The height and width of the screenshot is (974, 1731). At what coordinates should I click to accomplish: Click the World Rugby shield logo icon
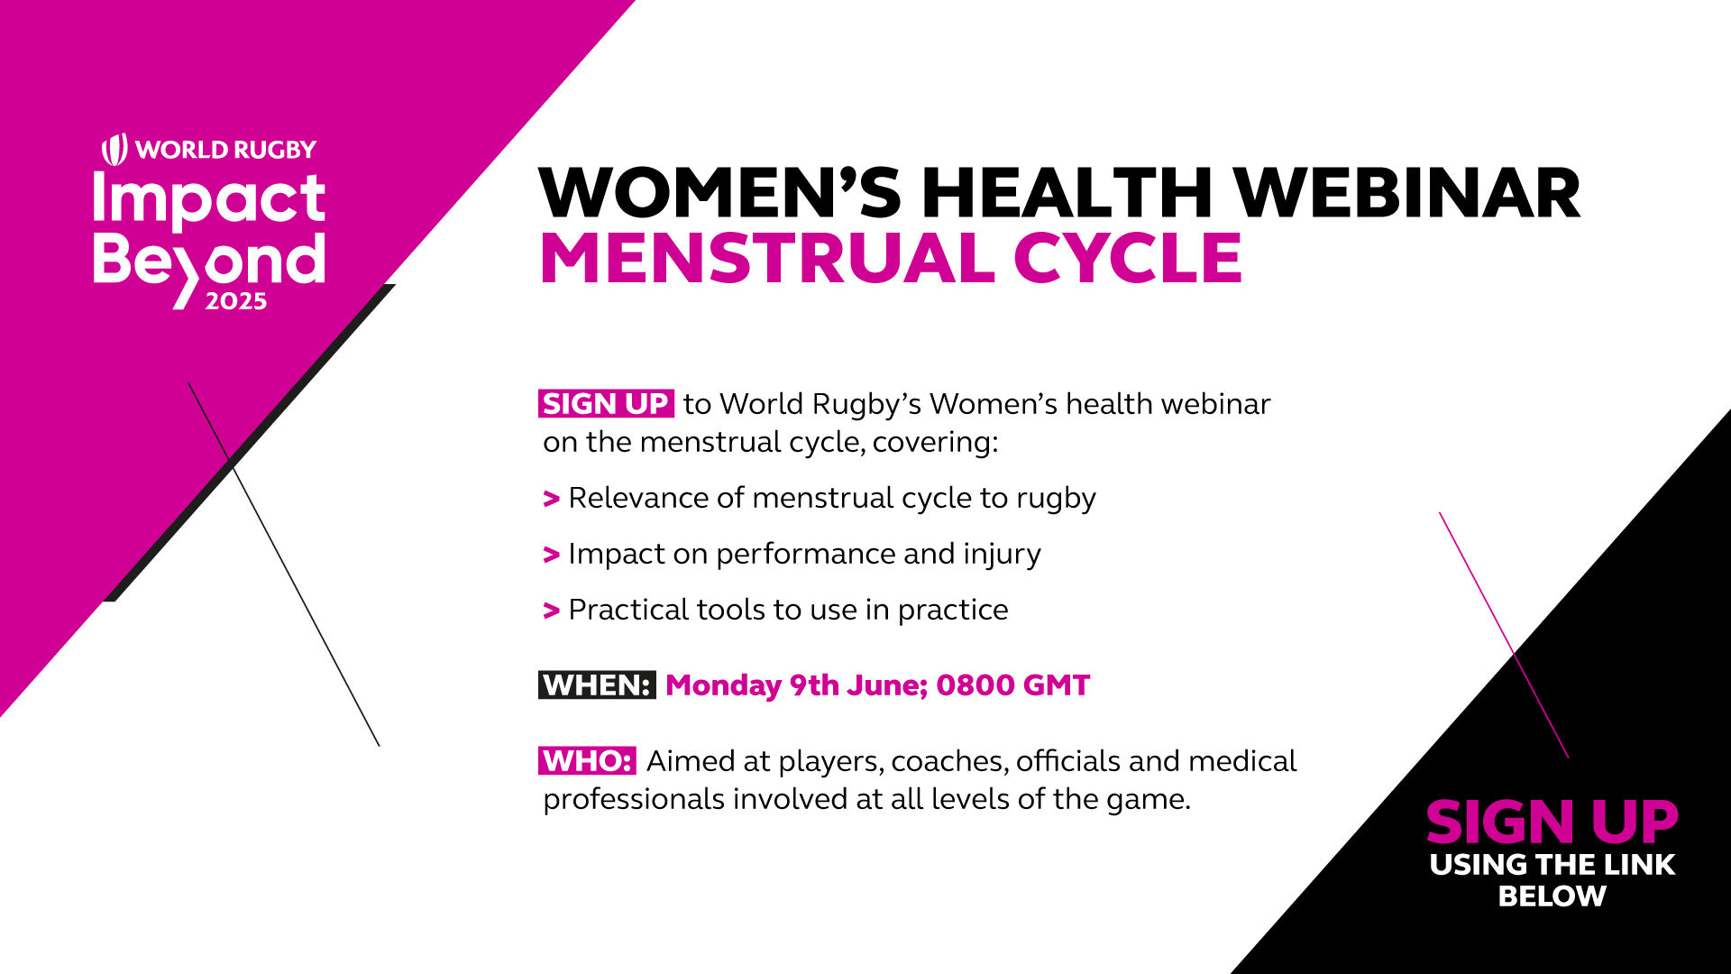click(x=114, y=150)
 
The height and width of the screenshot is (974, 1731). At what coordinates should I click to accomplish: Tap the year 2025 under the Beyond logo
click(x=236, y=301)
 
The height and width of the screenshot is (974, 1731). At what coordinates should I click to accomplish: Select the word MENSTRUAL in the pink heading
click(x=767, y=259)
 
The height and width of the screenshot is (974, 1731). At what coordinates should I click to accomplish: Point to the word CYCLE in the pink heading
click(x=1128, y=259)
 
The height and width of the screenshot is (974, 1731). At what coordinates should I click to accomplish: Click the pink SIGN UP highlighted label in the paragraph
click(x=606, y=404)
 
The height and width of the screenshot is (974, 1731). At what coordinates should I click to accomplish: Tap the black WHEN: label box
click(x=597, y=685)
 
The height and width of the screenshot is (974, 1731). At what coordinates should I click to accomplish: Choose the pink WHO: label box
click(x=587, y=761)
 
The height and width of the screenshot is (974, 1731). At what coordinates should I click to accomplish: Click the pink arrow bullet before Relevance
click(x=552, y=499)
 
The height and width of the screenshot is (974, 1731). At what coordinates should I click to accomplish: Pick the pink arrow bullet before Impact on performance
click(x=552, y=555)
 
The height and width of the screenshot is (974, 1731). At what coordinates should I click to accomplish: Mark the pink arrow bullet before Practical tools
click(x=552, y=611)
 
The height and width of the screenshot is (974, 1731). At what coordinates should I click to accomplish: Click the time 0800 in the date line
click(x=975, y=685)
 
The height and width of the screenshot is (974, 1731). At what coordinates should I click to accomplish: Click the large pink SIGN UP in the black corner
click(x=1552, y=822)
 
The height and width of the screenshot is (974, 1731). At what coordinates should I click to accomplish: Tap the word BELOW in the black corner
click(x=1552, y=896)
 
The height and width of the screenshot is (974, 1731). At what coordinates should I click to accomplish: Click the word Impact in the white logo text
click(x=209, y=199)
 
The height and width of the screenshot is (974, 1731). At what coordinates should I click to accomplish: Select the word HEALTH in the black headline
click(x=1067, y=193)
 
